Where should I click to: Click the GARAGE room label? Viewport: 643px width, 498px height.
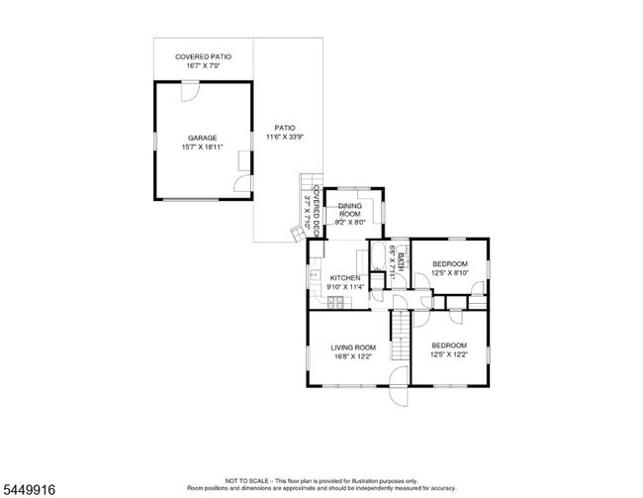(x=202, y=138)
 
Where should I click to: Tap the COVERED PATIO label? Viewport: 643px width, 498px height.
(x=203, y=56)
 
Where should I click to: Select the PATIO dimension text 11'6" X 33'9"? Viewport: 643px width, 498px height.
(x=285, y=137)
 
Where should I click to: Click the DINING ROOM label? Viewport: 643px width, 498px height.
(x=350, y=210)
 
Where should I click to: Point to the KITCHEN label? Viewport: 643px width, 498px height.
(x=345, y=278)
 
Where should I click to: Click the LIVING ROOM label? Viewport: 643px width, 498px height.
(x=353, y=348)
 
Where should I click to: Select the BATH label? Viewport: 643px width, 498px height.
(x=401, y=262)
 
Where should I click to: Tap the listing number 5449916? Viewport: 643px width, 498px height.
(x=29, y=489)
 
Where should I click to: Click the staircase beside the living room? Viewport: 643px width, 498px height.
(x=400, y=335)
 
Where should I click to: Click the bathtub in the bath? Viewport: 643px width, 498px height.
(x=378, y=255)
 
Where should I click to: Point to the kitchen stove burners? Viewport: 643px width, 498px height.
(x=336, y=302)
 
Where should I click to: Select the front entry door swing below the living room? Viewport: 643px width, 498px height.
(x=399, y=387)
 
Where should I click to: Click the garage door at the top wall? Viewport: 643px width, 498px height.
(x=190, y=91)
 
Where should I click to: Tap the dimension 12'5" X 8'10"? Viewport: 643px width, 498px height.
(x=450, y=272)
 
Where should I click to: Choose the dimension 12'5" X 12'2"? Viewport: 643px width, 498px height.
(x=449, y=353)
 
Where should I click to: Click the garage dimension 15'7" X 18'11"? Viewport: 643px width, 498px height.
(x=202, y=147)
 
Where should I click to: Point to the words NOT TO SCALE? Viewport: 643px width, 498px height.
(x=247, y=481)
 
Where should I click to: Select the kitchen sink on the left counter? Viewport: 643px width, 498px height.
(x=315, y=274)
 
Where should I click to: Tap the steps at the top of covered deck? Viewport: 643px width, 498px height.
(x=312, y=181)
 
